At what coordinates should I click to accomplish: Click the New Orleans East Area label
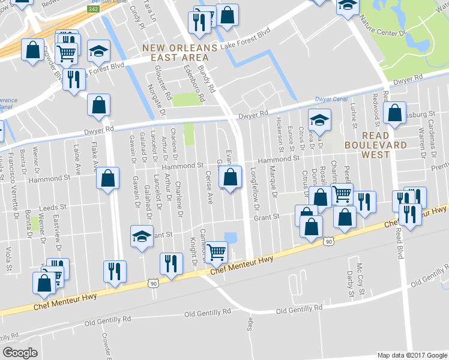(175, 52)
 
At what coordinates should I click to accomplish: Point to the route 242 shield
(92, 9)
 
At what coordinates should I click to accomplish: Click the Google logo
(20, 352)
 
